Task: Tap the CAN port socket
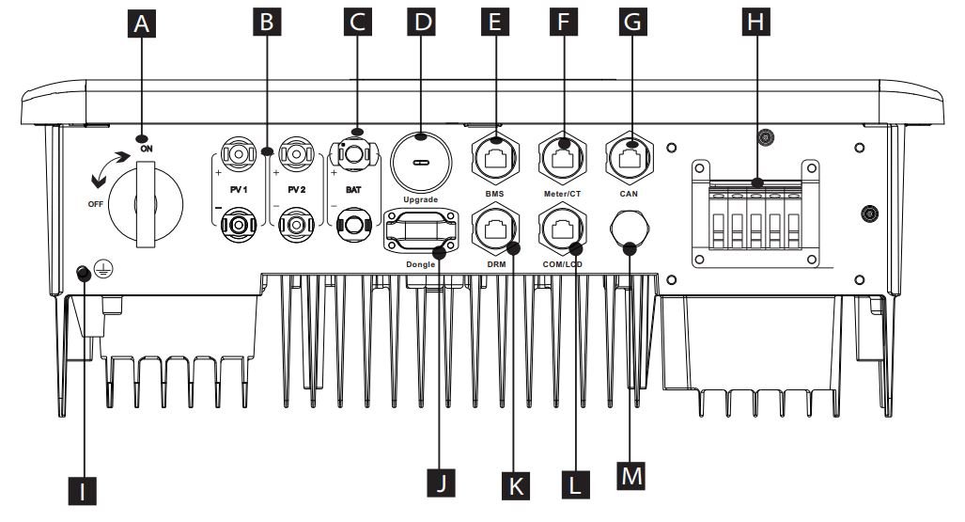tap(630, 151)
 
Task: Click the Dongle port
tap(419, 231)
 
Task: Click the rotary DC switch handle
tap(146, 202)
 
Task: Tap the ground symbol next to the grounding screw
tap(104, 273)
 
